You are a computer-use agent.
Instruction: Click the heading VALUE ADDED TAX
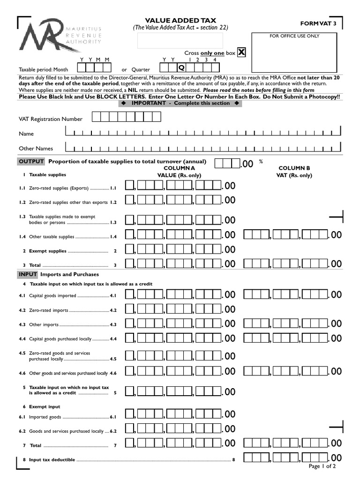coord(180,20)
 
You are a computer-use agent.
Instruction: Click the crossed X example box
coord(241,52)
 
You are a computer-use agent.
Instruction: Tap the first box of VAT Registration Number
coord(96,117)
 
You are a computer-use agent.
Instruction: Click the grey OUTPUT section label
coord(31,162)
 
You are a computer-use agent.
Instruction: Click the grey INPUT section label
coord(28,274)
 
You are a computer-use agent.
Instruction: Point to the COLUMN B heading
coord(294,168)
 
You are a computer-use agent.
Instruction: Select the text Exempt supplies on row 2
coord(48,251)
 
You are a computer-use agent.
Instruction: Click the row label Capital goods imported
coord(52,296)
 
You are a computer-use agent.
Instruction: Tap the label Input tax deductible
coord(52,460)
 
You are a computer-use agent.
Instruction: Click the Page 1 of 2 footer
coord(322,466)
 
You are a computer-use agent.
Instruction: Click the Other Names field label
coord(36,149)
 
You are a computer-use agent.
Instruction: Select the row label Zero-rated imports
coord(49,310)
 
